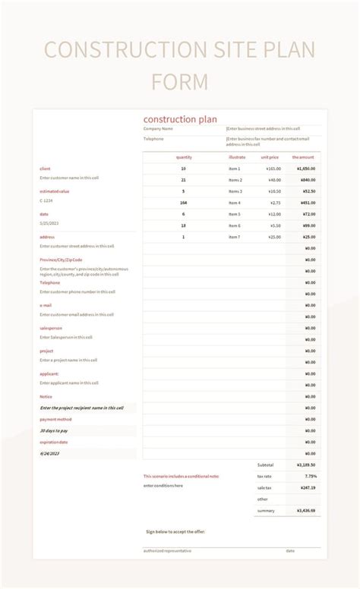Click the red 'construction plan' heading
click(x=180, y=119)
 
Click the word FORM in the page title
click(x=179, y=81)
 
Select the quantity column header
click(x=184, y=157)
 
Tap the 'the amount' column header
click(x=304, y=157)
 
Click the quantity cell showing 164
click(x=184, y=203)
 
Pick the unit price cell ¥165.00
click(x=273, y=169)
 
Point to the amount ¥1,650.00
click(x=306, y=169)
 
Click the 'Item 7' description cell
click(x=235, y=237)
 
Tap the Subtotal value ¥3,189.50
click(x=306, y=465)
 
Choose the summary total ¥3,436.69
click(x=306, y=511)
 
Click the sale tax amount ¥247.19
click(x=307, y=487)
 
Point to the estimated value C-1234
click(x=47, y=200)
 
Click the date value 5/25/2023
click(x=49, y=223)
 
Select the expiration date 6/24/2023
click(x=49, y=453)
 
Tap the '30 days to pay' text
click(x=54, y=430)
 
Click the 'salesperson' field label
click(x=52, y=328)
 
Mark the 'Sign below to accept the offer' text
click(x=175, y=532)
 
